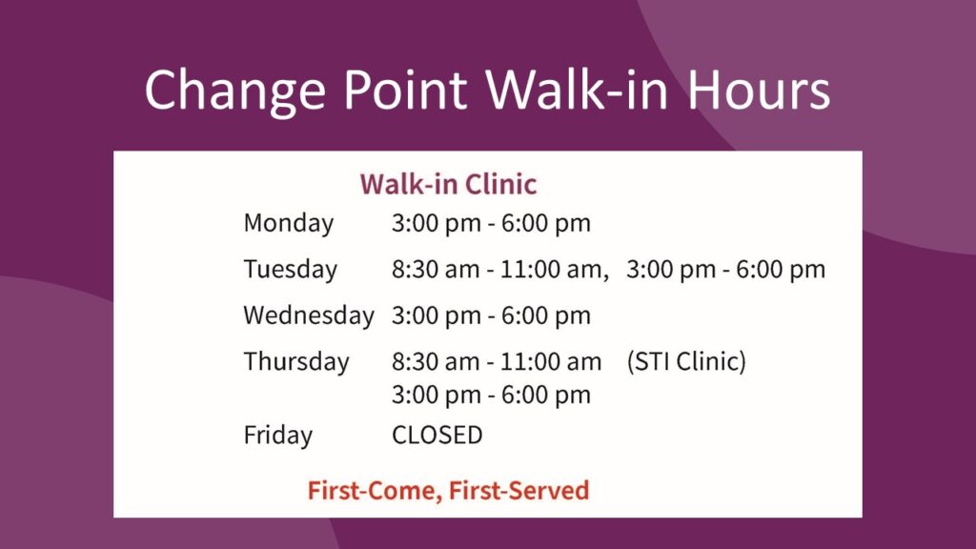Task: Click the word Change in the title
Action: (235, 91)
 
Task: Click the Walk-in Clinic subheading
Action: (448, 184)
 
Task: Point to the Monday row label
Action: (289, 224)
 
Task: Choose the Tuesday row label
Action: (291, 270)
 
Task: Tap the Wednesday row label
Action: (309, 315)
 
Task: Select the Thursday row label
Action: (296, 362)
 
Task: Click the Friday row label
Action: (278, 435)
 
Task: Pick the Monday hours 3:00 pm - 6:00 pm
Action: (491, 223)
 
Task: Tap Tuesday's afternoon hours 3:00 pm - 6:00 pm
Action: (725, 270)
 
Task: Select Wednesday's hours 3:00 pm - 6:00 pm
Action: (491, 315)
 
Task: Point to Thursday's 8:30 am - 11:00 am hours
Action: (497, 361)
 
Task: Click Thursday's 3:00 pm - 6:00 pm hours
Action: (491, 395)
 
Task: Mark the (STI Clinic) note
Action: (686, 361)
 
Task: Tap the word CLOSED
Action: (437, 435)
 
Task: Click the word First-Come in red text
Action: (375, 491)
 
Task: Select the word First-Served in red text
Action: (518, 491)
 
